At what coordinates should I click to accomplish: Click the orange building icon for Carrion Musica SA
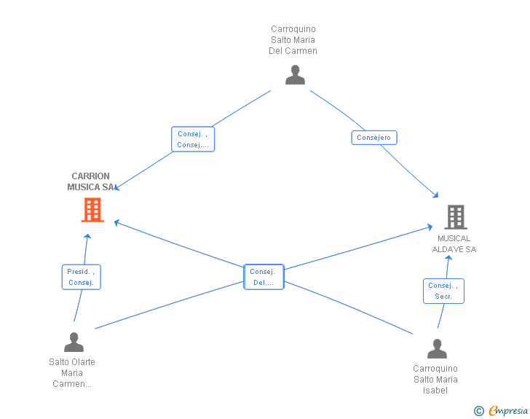tap(92, 210)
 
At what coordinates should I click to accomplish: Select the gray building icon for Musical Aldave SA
tap(456, 217)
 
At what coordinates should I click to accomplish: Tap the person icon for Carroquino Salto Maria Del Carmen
tap(295, 74)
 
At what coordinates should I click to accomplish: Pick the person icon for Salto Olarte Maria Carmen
tap(74, 342)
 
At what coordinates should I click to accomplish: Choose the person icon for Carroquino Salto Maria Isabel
tap(437, 348)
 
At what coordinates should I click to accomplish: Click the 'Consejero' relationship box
tap(374, 138)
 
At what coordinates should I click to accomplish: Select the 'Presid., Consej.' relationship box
tap(81, 277)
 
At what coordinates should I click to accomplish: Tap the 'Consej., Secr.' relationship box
tap(443, 291)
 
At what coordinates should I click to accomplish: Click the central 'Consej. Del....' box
tap(264, 277)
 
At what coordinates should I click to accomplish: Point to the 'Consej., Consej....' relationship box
tap(193, 139)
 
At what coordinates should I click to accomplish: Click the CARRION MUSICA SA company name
tap(90, 181)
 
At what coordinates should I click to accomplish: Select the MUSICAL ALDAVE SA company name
tap(454, 243)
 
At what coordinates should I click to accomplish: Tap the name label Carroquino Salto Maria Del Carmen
tap(293, 40)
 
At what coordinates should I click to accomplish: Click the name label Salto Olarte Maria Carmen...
tap(72, 373)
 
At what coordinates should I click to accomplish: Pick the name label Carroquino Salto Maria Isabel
tap(435, 380)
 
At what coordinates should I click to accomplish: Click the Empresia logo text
tap(508, 411)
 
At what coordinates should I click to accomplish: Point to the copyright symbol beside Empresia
tap(479, 411)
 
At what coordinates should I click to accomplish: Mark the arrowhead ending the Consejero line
tap(436, 195)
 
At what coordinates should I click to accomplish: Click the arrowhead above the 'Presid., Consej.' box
tap(87, 236)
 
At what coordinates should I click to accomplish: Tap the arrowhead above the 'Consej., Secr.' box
tap(448, 257)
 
